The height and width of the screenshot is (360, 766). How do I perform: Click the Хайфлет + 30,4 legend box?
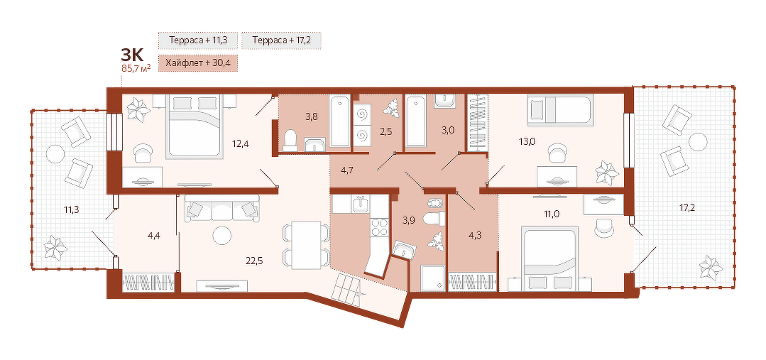(x=198, y=63)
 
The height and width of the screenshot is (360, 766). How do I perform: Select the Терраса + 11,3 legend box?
(x=198, y=40)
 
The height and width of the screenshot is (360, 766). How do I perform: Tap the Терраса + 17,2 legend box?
(x=281, y=40)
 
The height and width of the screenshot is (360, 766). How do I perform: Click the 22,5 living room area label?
(x=255, y=261)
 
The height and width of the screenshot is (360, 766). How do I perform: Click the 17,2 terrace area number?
(x=687, y=207)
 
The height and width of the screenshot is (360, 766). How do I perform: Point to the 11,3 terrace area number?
(x=71, y=210)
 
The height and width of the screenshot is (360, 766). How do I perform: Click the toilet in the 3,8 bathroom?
(x=290, y=139)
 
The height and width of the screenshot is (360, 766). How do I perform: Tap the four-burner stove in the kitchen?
(x=380, y=227)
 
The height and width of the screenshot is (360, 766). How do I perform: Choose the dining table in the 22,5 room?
(x=306, y=245)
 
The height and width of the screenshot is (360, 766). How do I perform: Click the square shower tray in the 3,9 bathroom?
(x=433, y=278)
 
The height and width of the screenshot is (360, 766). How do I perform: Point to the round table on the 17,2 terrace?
(x=697, y=142)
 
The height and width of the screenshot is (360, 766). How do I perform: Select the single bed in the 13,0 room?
(x=560, y=109)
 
